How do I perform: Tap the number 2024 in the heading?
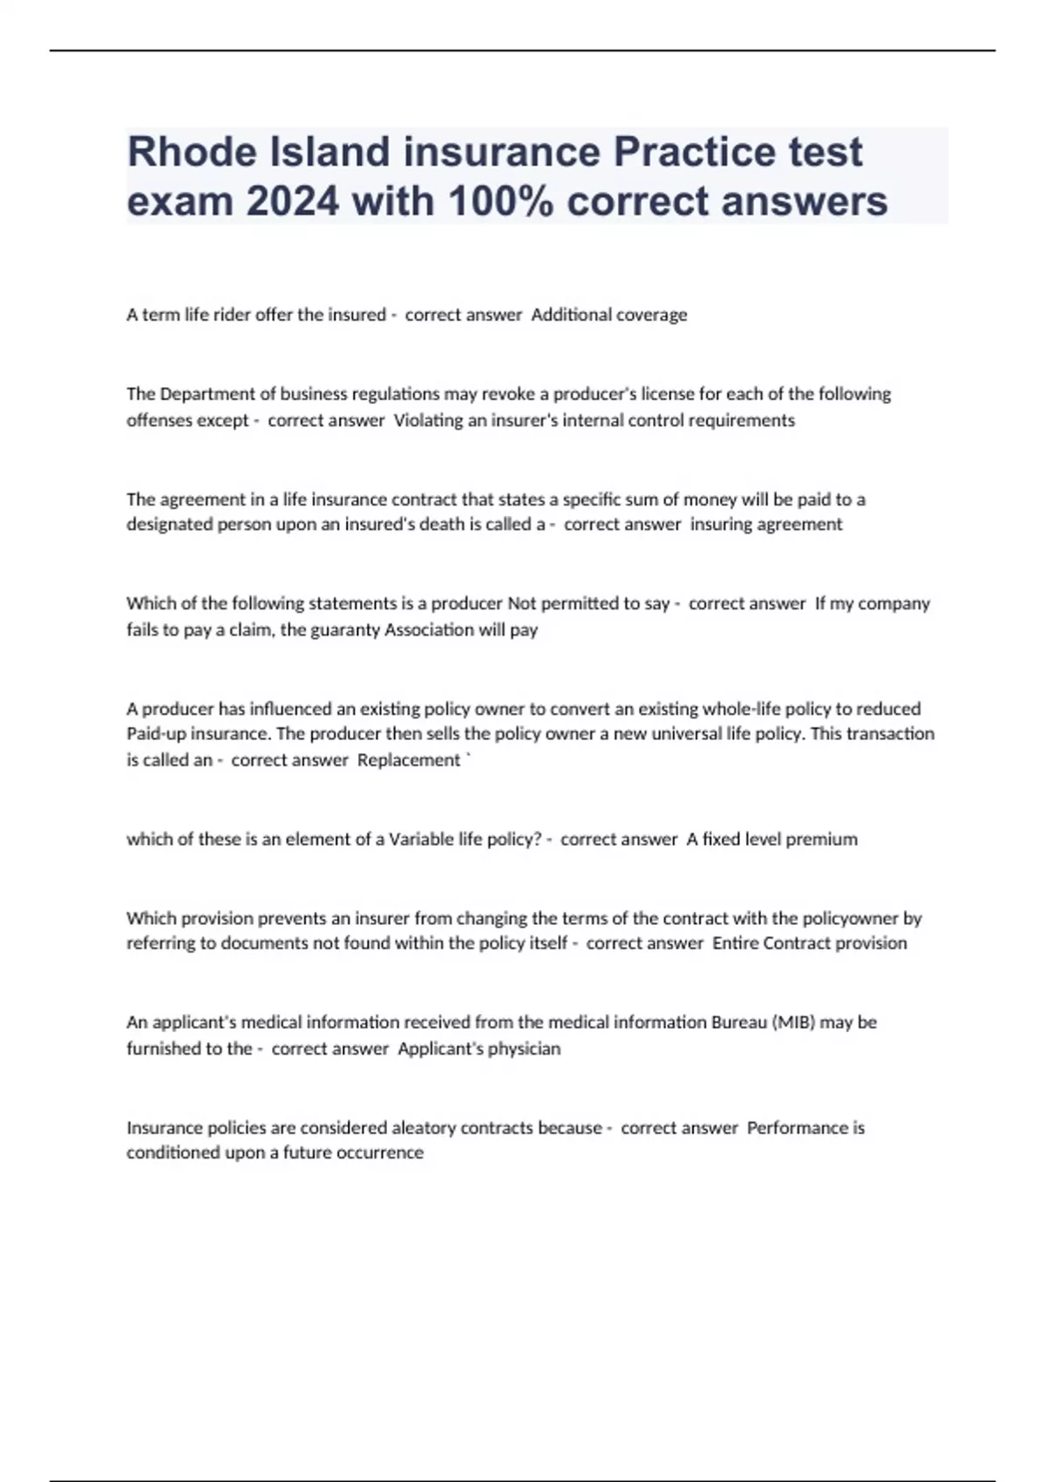tap(293, 201)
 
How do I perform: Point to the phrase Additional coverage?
tap(608, 315)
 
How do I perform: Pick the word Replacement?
tap(408, 760)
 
